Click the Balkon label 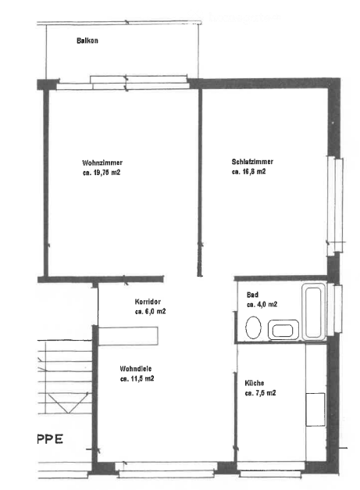pyautogui.click(x=87, y=41)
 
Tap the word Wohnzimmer pyautogui.click(x=102, y=163)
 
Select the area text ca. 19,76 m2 pyautogui.click(x=102, y=173)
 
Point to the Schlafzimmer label pyautogui.click(x=252, y=162)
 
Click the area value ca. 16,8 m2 pyautogui.click(x=248, y=172)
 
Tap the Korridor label pyautogui.click(x=148, y=302)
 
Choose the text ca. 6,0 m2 pyautogui.click(x=150, y=312)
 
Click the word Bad pyautogui.click(x=252, y=295)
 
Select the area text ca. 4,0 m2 pyautogui.click(x=262, y=304)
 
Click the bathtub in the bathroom pyautogui.click(x=314, y=312)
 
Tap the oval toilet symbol pyautogui.click(x=253, y=327)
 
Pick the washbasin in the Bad pyautogui.click(x=283, y=329)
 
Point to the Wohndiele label pyautogui.click(x=136, y=369)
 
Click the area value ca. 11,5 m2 pyautogui.click(x=137, y=379)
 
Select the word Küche pyautogui.click(x=255, y=383)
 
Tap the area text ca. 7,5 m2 pyautogui.click(x=260, y=393)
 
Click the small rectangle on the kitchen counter pyautogui.click(x=315, y=410)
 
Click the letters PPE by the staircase pyautogui.click(x=50, y=439)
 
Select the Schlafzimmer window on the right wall pyautogui.click(x=335, y=205)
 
